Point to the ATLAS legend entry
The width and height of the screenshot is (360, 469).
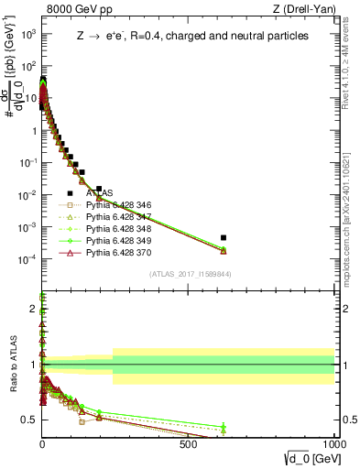click(x=99, y=192)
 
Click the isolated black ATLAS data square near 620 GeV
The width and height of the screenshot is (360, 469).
click(x=224, y=237)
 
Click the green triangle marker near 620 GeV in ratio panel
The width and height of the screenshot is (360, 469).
click(x=224, y=428)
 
